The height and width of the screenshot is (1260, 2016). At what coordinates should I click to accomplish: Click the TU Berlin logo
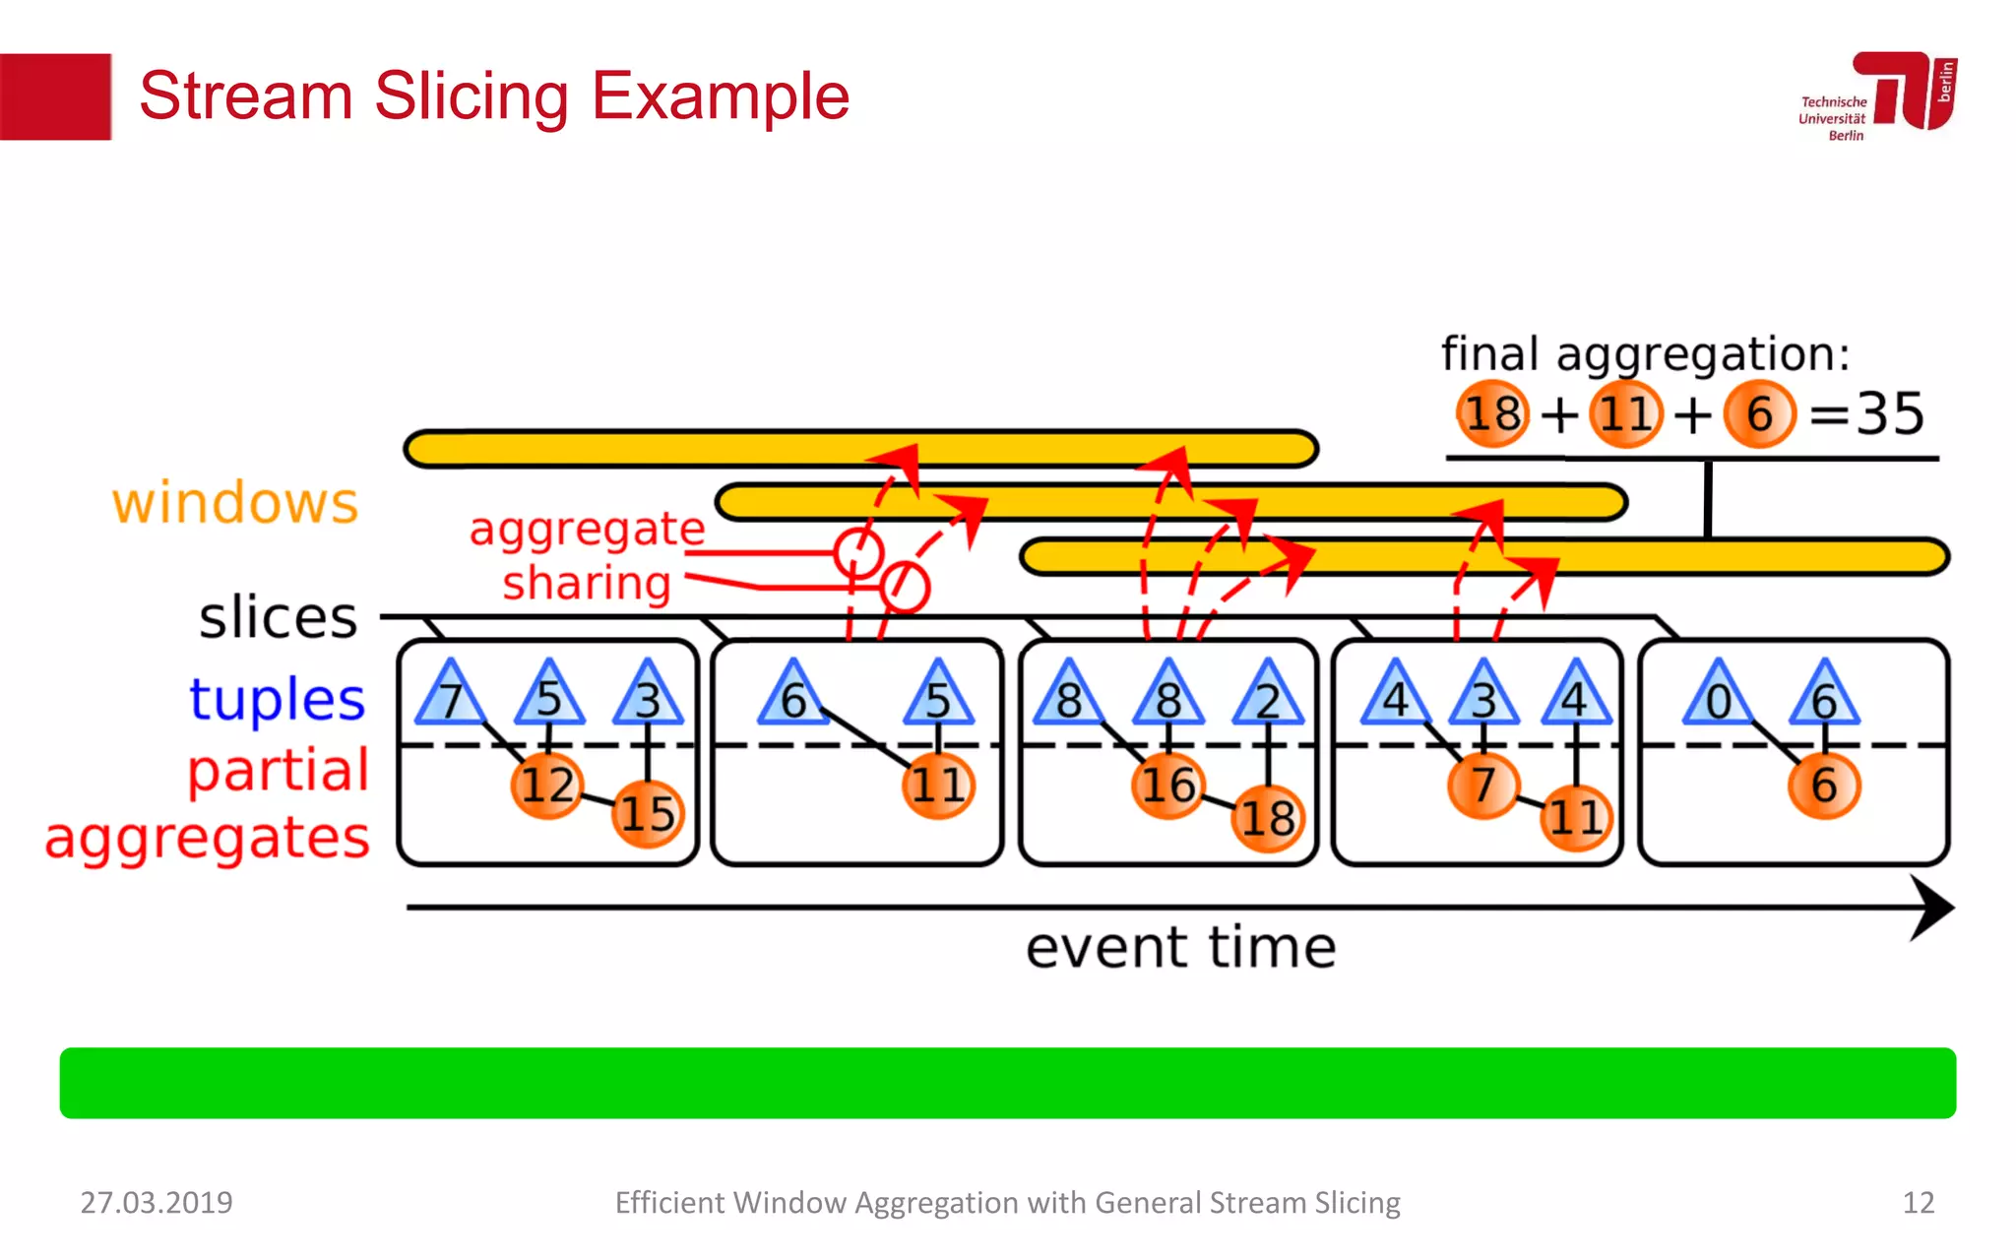1878,95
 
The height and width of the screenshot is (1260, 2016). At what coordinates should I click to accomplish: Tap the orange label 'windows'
234,503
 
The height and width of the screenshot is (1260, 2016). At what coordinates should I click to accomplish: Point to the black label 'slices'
278,617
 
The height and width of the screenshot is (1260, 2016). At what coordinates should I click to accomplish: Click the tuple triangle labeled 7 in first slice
451,695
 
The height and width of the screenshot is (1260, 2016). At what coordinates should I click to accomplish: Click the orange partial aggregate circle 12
547,785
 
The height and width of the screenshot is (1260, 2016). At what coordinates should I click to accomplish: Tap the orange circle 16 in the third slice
1167,785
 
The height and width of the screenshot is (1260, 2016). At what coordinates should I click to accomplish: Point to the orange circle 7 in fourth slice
1482,785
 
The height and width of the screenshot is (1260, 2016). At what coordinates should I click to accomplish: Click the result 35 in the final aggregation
1889,413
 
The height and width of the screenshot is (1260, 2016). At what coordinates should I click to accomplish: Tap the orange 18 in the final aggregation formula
1492,413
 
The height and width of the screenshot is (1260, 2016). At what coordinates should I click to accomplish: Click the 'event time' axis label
1180,948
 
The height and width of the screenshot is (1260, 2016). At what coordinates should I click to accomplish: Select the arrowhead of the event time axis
1931,908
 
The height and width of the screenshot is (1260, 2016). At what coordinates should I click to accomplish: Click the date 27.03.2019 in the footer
157,1202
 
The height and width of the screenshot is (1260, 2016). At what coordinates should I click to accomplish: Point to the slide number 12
1918,1202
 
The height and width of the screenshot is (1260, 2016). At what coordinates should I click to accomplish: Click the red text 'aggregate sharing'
587,556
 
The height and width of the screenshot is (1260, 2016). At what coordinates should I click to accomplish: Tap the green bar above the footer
1007,1083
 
